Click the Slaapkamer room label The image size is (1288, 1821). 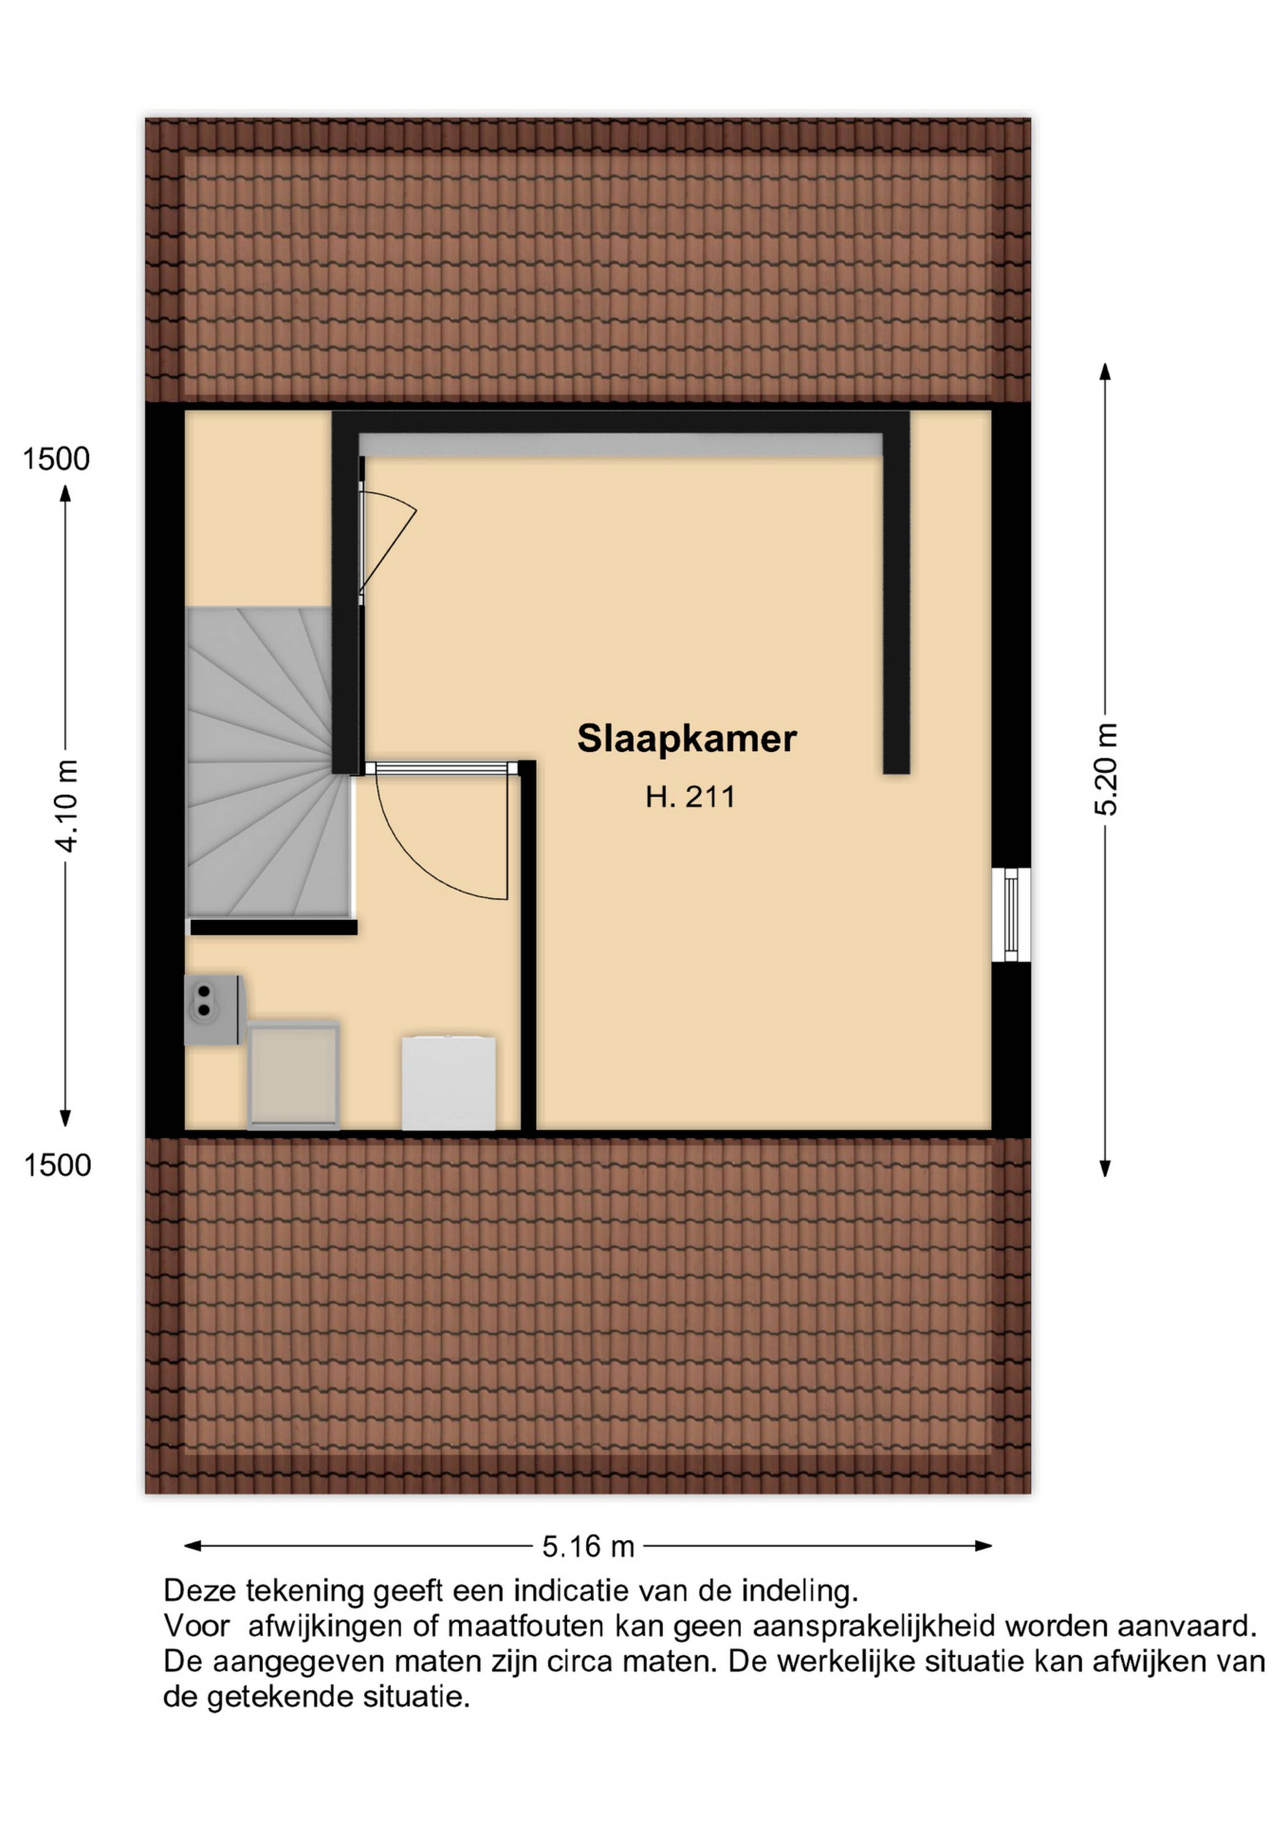tap(687, 739)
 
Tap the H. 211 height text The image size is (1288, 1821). tap(690, 796)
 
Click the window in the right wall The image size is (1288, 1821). tap(1011, 914)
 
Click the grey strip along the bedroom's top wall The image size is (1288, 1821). tap(621, 445)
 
